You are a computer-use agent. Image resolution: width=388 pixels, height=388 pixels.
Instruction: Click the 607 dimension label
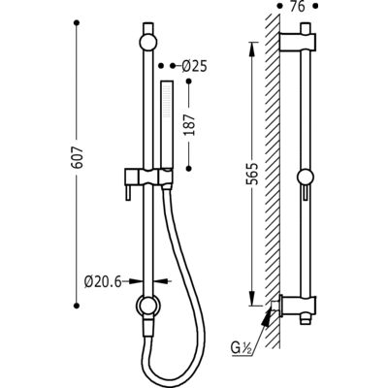(78, 157)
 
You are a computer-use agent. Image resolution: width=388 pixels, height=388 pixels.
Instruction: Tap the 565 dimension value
(253, 174)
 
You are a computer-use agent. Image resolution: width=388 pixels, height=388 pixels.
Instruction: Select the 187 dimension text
(190, 124)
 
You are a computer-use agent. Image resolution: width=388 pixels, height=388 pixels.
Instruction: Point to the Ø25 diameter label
(194, 66)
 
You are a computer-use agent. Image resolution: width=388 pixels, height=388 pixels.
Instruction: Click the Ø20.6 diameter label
(103, 282)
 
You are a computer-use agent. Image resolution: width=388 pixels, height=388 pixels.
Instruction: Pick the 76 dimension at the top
(297, 7)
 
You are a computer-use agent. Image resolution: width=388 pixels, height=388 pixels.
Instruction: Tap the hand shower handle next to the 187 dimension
(168, 124)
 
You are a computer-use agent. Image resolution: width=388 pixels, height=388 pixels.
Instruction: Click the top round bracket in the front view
(148, 42)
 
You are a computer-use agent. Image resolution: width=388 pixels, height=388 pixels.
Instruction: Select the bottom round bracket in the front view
(148, 307)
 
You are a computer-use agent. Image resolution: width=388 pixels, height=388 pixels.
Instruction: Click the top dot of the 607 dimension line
(77, 23)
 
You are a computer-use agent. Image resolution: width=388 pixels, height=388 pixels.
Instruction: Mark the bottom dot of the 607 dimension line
(77, 306)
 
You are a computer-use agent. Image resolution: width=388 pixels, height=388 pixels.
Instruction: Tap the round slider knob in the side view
(306, 178)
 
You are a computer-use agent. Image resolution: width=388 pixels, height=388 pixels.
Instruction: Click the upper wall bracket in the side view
(297, 42)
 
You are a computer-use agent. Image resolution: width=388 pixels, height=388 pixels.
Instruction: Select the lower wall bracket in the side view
(298, 306)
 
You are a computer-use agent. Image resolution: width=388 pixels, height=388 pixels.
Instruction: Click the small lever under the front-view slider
(128, 193)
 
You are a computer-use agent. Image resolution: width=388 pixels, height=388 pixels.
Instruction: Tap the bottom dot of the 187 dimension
(189, 169)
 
